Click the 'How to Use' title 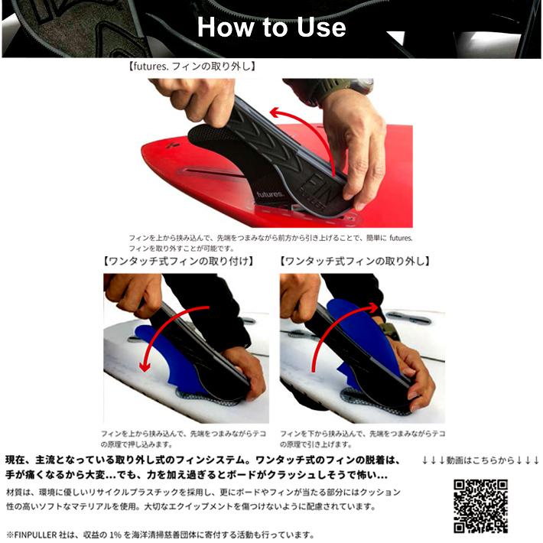click(x=271, y=28)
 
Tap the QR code click(x=480, y=506)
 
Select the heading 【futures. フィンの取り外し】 click(x=192, y=67)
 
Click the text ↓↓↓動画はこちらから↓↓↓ click(x=481, y=460)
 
